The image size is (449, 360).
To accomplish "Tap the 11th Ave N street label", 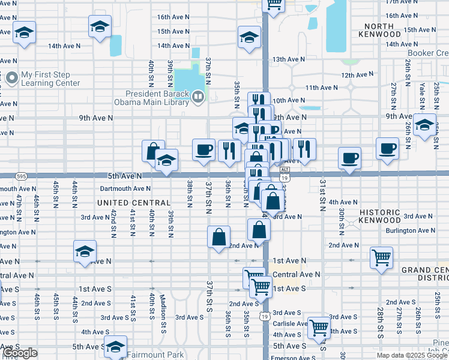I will point(321,88).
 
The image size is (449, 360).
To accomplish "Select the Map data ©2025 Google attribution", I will point(411,355).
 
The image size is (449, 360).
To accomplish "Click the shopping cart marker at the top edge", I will point(274,5).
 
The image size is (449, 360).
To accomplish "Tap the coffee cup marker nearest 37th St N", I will point(204,149).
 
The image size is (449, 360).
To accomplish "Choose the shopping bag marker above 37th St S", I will point(219,236).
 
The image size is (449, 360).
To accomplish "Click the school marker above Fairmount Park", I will point(115,346).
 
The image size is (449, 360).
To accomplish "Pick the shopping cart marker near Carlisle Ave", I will point(319,328).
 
